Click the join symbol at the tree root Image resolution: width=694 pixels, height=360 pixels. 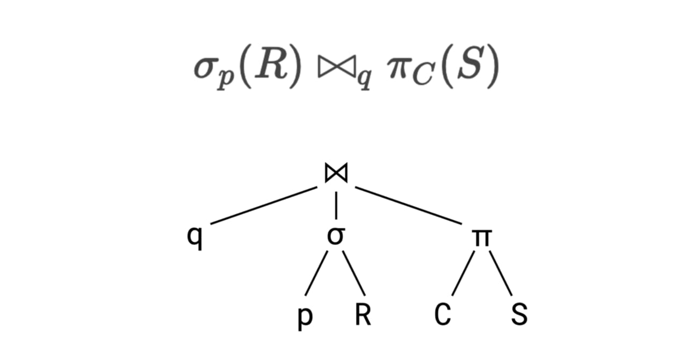(336, 173)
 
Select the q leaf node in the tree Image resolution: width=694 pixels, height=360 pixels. (197, 237)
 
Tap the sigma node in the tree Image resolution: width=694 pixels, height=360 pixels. (336, 236)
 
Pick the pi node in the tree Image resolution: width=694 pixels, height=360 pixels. (481, 237)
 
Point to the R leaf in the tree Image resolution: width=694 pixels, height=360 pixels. (363, 315)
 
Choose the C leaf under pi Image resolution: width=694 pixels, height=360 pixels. (442, 315)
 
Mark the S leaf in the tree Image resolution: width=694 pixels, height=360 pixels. (519, 315)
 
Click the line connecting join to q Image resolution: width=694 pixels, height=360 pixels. (264, 205)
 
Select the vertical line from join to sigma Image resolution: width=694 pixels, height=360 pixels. (336, 205)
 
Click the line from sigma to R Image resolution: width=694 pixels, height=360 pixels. (355, 273)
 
